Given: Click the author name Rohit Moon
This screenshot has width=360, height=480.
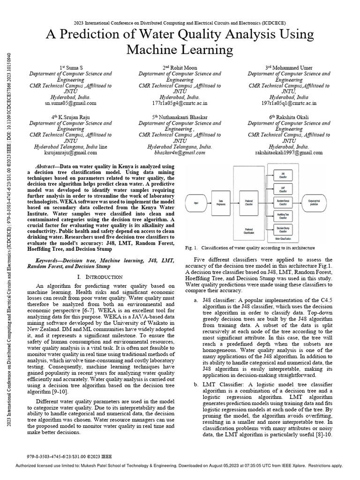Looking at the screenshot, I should tap(184, 67).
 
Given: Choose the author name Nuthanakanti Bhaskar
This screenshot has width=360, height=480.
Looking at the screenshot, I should tap(184, 117).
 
